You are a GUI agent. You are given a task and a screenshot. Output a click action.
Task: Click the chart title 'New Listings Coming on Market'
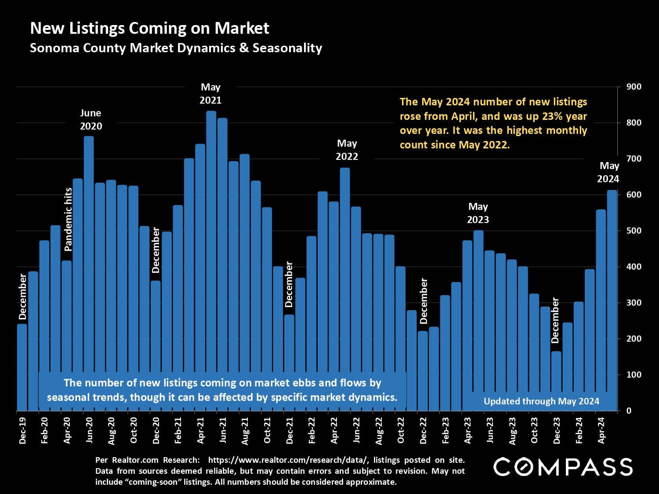tap(149, 29)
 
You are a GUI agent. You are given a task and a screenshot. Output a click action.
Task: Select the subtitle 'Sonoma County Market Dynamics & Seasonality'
tap(176, 48)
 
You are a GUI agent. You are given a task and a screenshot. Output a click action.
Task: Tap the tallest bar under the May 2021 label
tap(211, 259)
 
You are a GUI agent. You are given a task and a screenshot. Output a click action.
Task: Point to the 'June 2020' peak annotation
tap(91, 119)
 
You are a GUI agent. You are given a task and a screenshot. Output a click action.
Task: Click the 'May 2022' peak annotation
tap(347, 150)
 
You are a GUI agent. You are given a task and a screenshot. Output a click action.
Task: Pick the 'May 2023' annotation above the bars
tap(478, 213)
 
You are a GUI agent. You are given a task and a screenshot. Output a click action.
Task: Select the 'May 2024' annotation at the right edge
tap(608, 172)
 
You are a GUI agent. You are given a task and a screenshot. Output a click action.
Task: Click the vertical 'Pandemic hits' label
tap(68, 219)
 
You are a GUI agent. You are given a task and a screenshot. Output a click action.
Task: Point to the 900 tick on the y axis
tap(634, 87)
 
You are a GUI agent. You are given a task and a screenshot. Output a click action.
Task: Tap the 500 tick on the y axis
tap(634, 231)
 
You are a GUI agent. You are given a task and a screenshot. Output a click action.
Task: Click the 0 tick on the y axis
tap(629, 411)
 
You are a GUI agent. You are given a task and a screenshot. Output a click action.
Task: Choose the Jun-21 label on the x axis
tap(223, 430)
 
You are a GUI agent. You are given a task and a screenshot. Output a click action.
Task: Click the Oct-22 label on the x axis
tap(401, 430)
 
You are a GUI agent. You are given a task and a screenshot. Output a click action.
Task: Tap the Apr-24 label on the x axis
tap(601, 430)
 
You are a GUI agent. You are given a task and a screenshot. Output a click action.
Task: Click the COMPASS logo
tap(563, 467)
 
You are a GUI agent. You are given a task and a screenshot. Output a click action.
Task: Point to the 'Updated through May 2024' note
tap(541, 401)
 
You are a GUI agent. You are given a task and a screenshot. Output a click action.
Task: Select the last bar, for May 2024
tap(612, 299)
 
